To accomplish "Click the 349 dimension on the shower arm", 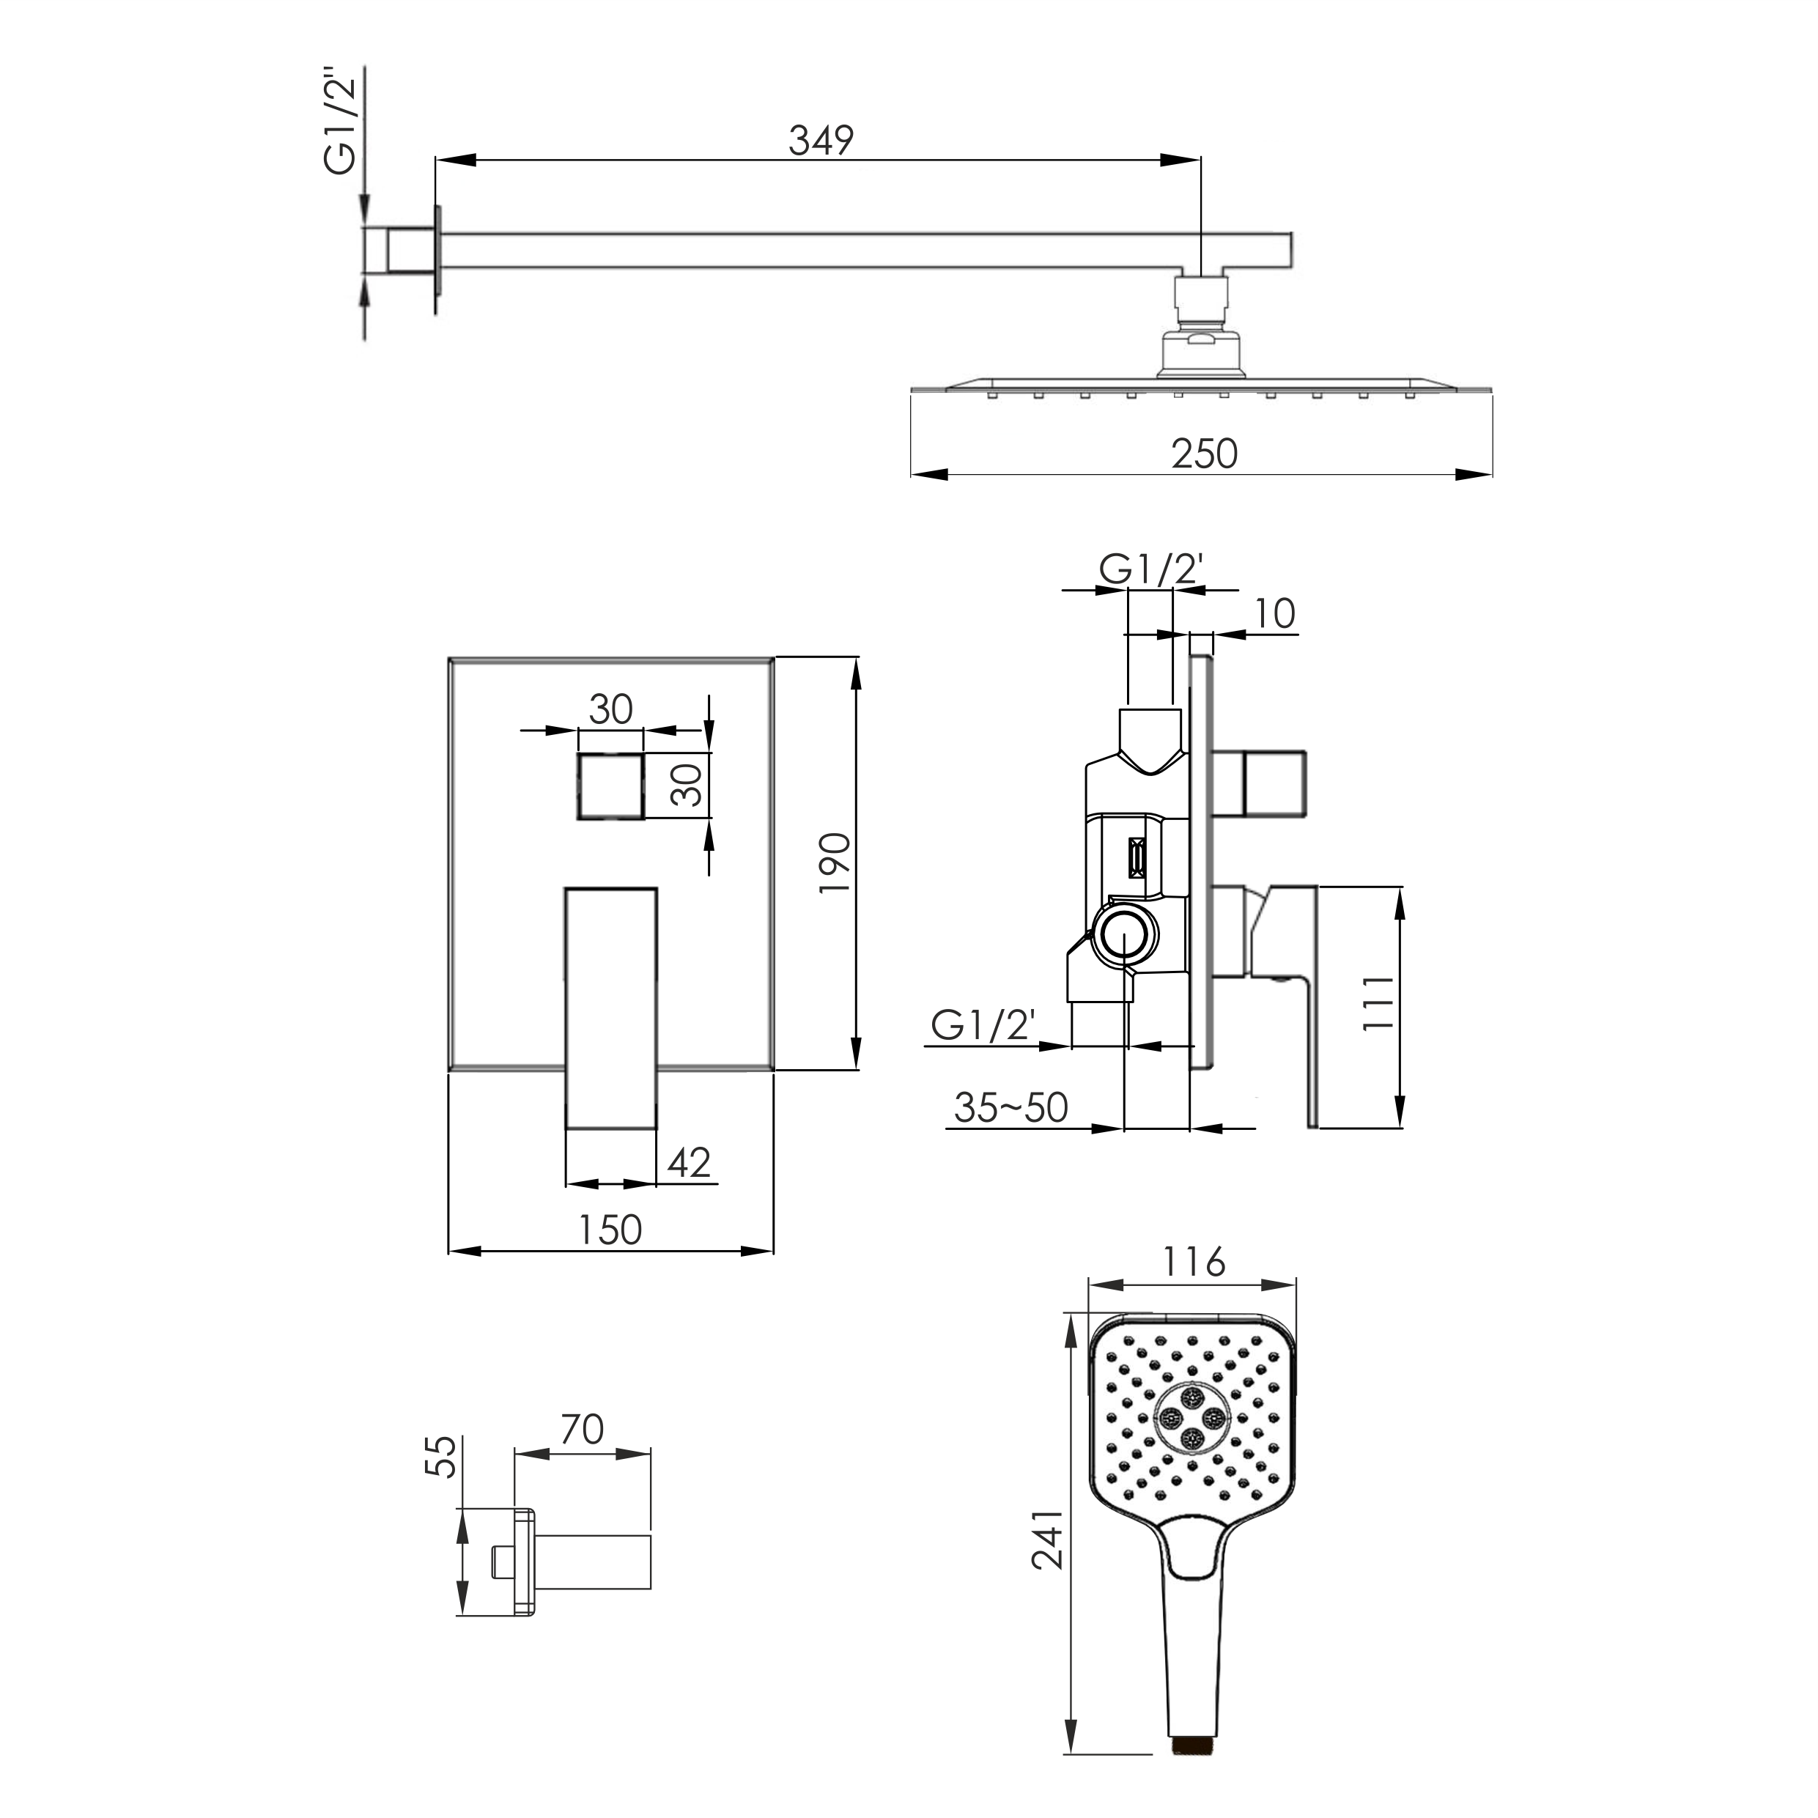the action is click(821, 140).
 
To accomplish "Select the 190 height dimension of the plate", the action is click(835, 864).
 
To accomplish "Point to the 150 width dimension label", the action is click(610, 1229).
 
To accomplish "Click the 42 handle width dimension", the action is click(689, 1163).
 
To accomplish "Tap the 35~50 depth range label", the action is click(1010, 1107).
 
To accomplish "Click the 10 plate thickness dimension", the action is click(1275, 613).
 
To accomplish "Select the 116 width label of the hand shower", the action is click(1193, 1262).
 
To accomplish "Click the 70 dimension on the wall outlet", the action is click(582, 1430).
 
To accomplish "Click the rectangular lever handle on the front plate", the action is click(610, 1008).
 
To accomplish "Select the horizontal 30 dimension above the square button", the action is click(610, 709).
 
